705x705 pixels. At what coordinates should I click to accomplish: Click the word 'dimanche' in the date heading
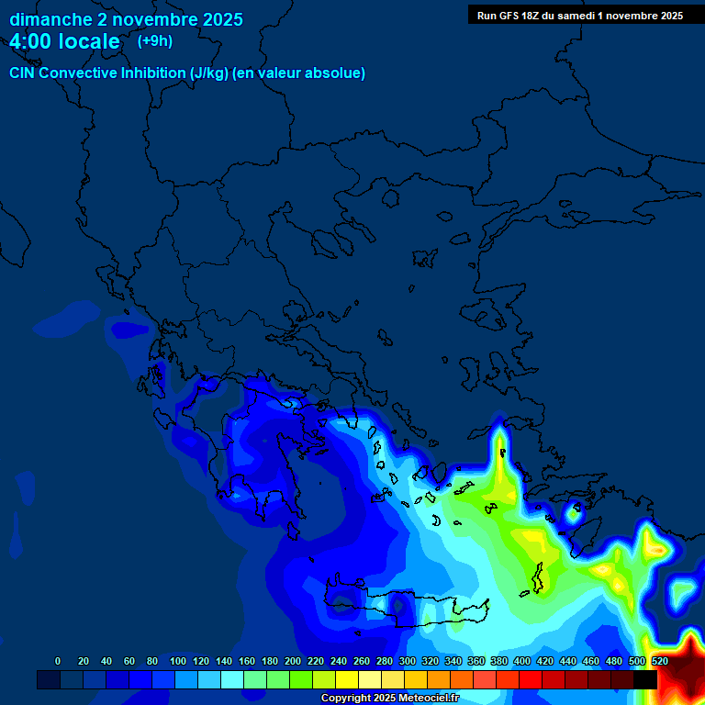coord(50,19)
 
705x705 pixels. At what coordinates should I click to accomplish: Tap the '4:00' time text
coord(32,42)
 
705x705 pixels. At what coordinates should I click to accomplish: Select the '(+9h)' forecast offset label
coord(154,41)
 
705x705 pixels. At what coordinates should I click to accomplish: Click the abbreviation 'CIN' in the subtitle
coord(25,73)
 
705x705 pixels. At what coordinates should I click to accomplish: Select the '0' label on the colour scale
coord(58,661)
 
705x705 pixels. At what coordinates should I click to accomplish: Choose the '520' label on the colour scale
coord(659,661)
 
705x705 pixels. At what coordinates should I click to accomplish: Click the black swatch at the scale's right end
coord(644,679)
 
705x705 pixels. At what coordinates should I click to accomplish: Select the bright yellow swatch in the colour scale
coord(347,679)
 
